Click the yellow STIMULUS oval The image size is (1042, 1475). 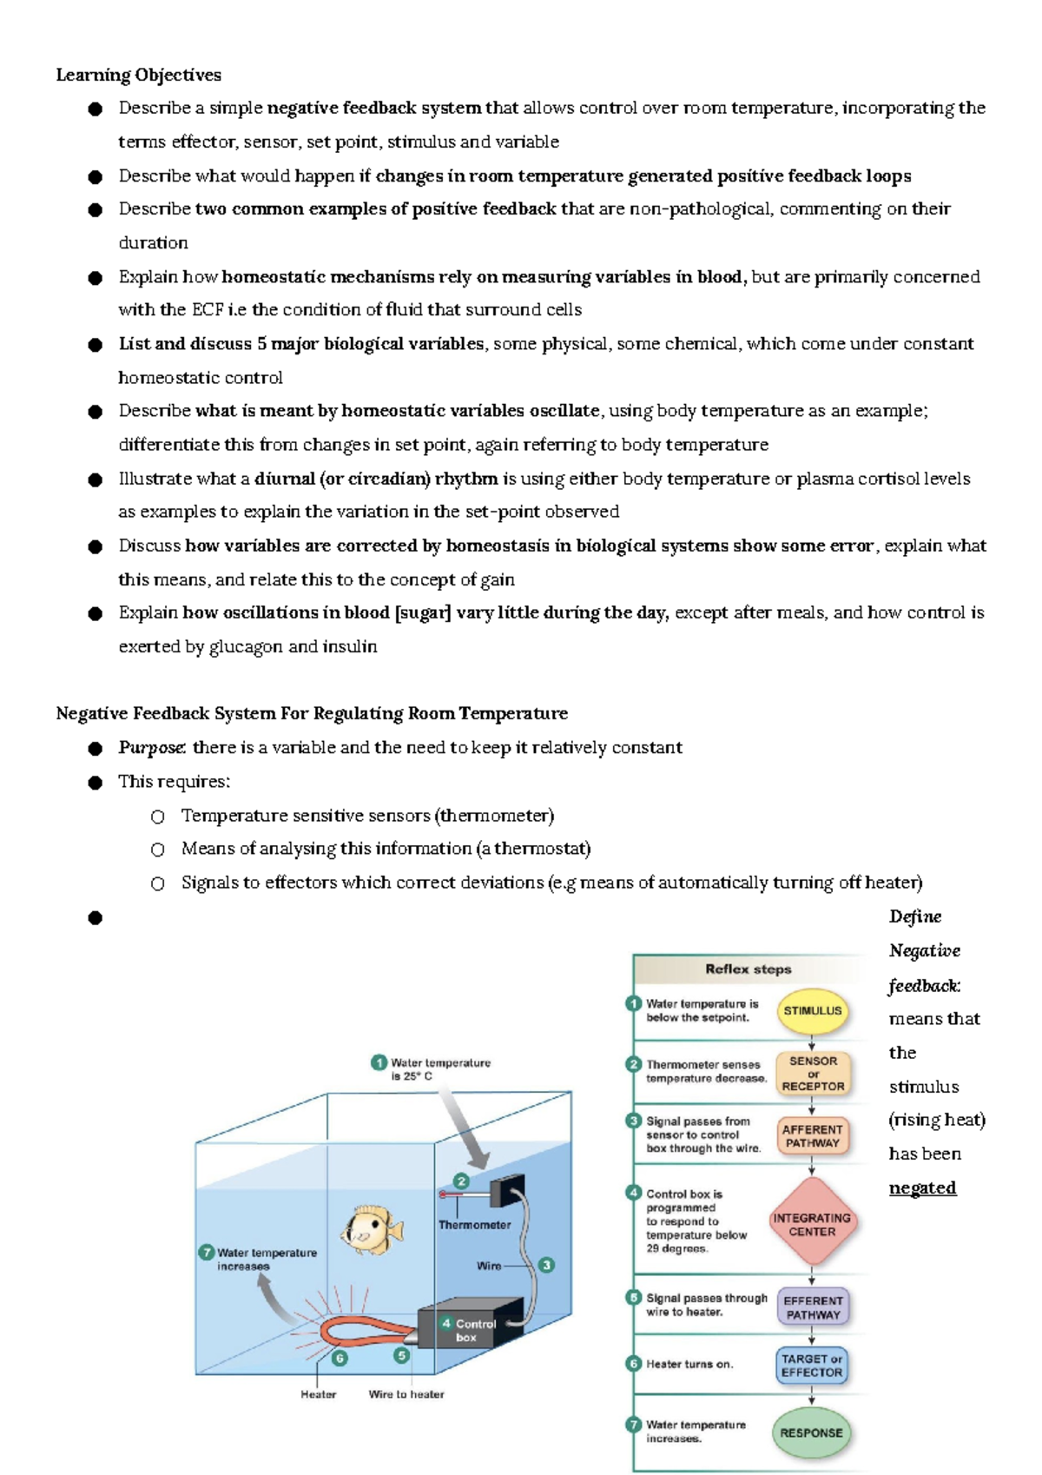click(x=812, y=1010)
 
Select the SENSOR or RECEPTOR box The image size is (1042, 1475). click(x=813, y=1074)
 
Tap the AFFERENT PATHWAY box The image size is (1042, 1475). click(x=812, y=1136)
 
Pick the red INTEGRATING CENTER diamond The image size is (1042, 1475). click(x=812, y=1224)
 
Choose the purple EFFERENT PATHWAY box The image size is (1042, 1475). click(x=813, y=1307)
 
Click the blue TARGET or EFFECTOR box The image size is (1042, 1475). click(x=812, y=1366)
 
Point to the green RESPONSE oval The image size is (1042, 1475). click(x=811, y=1432)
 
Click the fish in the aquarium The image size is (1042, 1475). click(x=373, y=1228)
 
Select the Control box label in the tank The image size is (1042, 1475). click(x=474, y=1330)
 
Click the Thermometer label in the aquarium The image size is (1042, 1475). click(x=474, y=1225)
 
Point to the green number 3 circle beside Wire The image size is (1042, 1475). click(x=546, y=1265)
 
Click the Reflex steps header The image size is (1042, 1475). click(x=748, y=969)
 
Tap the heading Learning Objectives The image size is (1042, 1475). click(x=138, y=75)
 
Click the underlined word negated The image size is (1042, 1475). click(x=922, y=1187)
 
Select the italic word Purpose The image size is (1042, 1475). click(x=151, y=747)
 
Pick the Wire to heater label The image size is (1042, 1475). click(x=406, y=1394)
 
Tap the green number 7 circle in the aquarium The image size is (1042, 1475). click(x=207, y=1252)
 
